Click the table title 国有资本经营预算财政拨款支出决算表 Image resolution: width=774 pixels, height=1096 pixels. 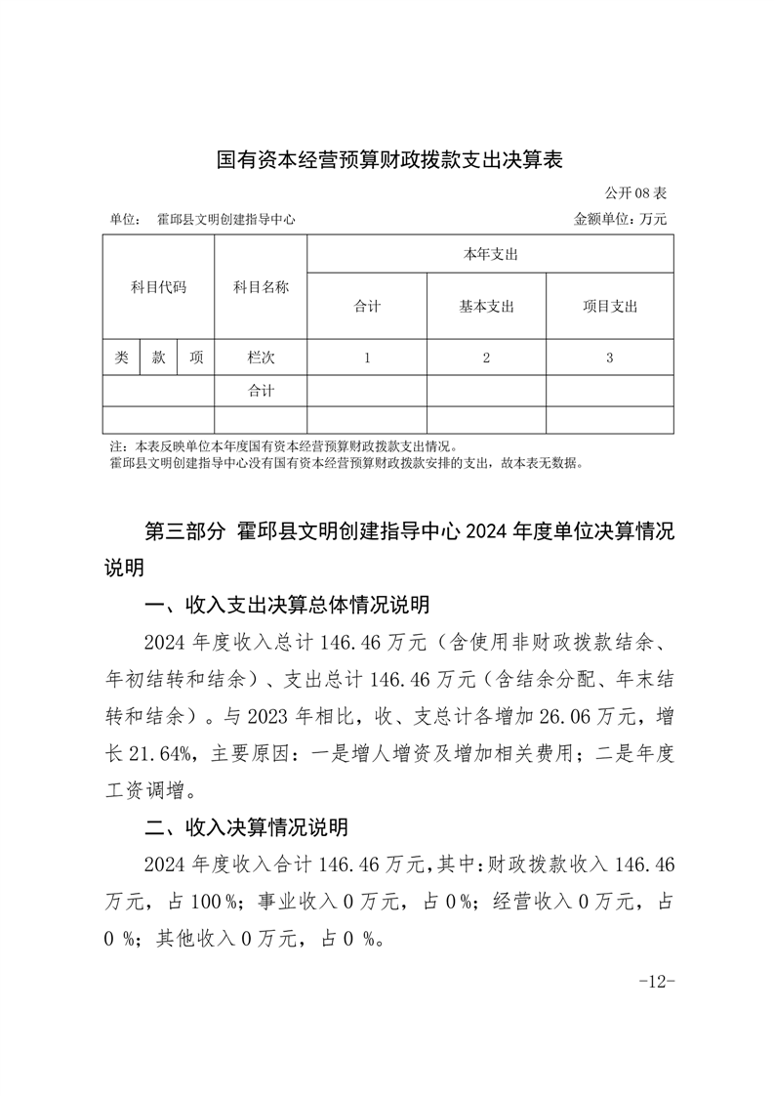389,159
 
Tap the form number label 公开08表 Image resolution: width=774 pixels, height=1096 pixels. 635,193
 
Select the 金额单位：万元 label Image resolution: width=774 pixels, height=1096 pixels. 620,220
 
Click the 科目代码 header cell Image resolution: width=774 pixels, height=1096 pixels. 158,287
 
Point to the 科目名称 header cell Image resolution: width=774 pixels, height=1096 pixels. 261,287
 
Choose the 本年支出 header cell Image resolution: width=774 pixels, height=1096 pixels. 490,254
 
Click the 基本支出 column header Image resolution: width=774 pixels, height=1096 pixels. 486,306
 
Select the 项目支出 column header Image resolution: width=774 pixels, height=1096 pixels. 609,306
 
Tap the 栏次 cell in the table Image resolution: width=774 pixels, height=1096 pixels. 261,358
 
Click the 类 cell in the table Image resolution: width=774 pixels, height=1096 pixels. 122,358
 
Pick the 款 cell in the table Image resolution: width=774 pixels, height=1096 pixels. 158,358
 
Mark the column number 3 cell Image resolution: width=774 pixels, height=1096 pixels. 609,358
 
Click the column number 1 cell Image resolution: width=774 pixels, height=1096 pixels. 367,358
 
